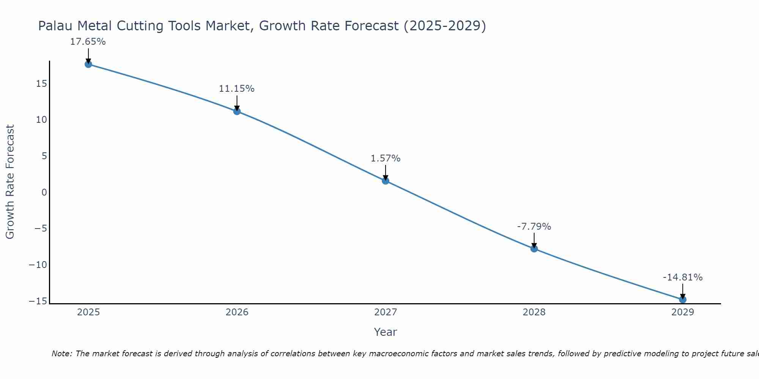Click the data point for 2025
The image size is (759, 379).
coord(88,64)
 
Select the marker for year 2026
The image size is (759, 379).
coord(237,111)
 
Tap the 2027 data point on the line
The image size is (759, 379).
coord(386,181)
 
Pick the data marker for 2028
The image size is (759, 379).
coord(534,249)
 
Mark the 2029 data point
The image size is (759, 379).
coord(683,299)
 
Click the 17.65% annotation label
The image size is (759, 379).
coord(88,42)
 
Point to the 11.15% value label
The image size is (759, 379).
coord(236,89)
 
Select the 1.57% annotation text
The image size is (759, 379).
coord(386,158)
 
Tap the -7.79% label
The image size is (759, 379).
coord(534,227)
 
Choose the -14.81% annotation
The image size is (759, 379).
coord(683,277)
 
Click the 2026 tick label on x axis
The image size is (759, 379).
coord(237,312)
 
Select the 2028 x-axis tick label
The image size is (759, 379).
coord(534,312)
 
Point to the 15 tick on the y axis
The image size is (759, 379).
coord(42,83)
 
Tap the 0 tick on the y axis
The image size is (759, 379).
coord(44,192)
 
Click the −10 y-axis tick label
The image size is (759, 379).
coord(38,265)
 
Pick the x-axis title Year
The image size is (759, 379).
coord(386,332)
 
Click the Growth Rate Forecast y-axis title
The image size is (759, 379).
coord(10,182)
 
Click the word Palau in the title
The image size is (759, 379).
coord(55,26)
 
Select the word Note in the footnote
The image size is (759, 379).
coord(61,354)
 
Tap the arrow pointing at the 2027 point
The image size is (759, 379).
coord(386,172)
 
